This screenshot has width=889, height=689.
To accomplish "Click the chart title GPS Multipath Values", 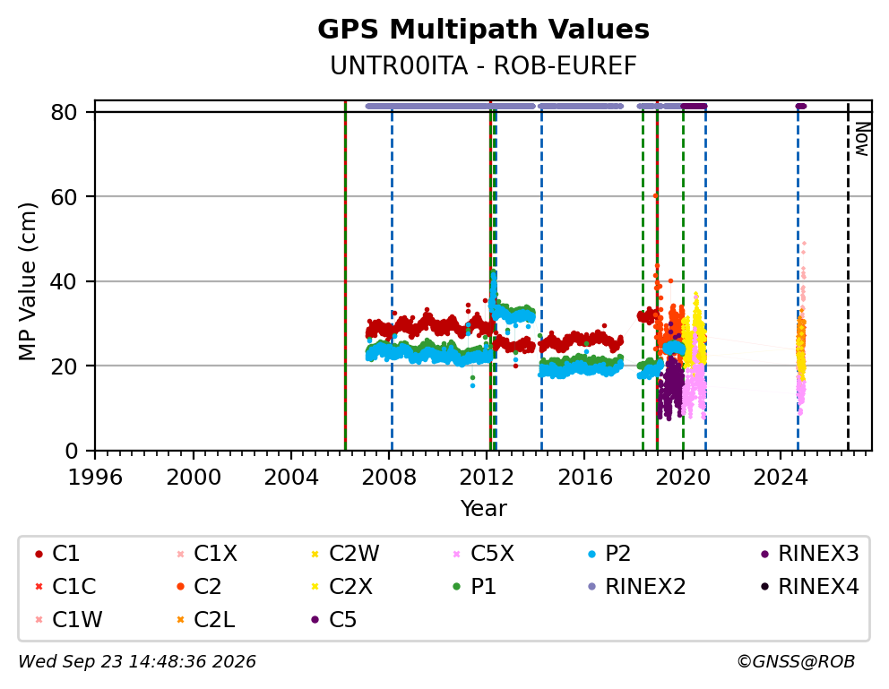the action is (483, 30).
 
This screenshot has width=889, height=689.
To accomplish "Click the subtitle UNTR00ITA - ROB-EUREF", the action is (483, 66).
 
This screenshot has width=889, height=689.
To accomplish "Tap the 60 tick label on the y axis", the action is (64, 196).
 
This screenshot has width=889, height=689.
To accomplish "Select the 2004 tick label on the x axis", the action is (291, 477).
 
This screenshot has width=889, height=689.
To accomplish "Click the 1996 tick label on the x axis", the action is (95, 477).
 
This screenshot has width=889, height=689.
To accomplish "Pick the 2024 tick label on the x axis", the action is (781, 477).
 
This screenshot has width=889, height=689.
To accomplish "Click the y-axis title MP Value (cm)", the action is (27, 281).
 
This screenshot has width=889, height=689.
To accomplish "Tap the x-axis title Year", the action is (483, 508).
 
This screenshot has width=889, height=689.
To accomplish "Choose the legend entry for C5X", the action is (484, 553).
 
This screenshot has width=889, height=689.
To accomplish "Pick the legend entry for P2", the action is (609, 553).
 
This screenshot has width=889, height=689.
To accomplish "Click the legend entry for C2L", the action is (206, 619).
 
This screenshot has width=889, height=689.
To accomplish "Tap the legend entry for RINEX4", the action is (809, 587).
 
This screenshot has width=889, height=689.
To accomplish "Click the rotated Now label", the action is (862, 140).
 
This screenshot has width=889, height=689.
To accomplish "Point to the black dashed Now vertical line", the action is (848, 276).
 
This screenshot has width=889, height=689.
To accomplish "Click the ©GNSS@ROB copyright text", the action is (796, 661).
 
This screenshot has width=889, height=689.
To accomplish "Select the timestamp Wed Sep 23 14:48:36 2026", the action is (137, 661).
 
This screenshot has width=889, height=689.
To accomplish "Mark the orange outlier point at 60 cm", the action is (655, 195).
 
